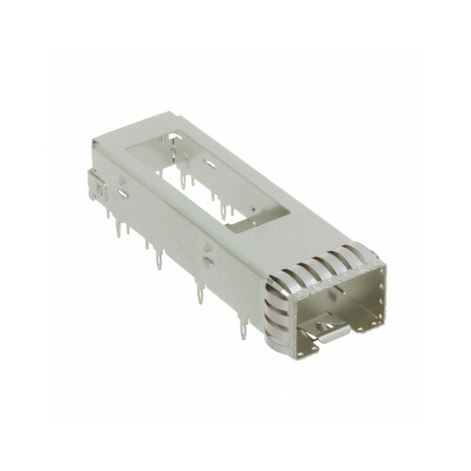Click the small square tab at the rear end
tap(98, 186)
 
